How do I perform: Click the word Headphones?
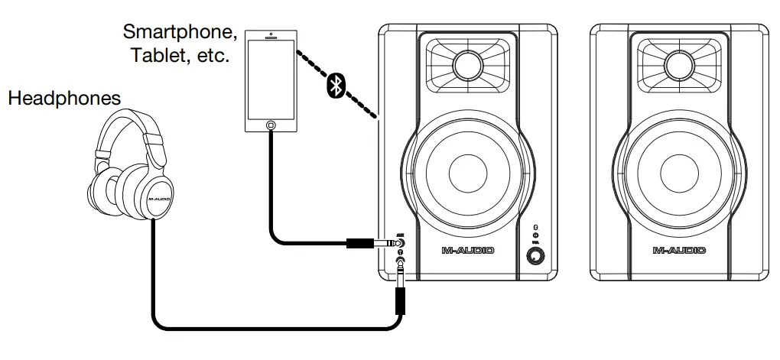point(64,99)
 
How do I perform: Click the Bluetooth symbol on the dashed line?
point(334,86)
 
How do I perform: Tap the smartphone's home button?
point(270,124)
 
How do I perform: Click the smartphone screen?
point(270,78)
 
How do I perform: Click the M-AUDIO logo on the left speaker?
point(468,250)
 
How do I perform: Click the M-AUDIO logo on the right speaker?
point(679,250)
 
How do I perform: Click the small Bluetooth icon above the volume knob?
point(536,226)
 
